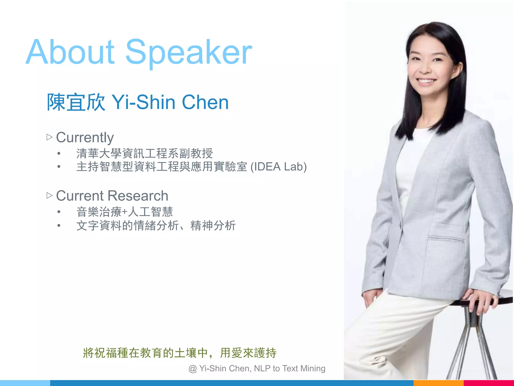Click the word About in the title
click(x=70, y=52)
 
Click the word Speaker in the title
click(x=189, y=53)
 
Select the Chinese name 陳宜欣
click(x=76, y=102)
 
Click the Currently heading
click(x=85, y=137)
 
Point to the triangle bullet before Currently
click(x=49, y=137)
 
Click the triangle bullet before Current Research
click(x=49, y=196)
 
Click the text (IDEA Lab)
click(x=279, y=167)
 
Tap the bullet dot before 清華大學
click(x=59, y=153)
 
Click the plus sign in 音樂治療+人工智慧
click(x=125, y=212)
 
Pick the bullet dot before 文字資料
click(x=59, y=225)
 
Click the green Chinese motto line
click(x=179, y=353)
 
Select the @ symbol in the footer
click(x=192, y=369)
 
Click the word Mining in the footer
click(x=313, y=368)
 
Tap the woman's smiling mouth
click(x=427, y=81)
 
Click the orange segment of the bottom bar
click(x=438, y=383)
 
